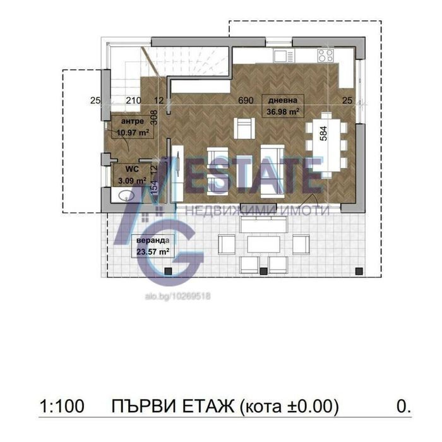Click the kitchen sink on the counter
pyautogui.click(x=284, y=56)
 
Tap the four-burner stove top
pyautogui.click(x=326, y=56)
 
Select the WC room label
pyautogui.click(x=132, y=169)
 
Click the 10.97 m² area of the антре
pyautogui.click(x=133, y=132)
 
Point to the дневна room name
pyautogui.click(x=283, y=100)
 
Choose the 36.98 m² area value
pyautogui.click(x=283, y=111)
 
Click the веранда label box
pyautogui.click(x=153, y=246)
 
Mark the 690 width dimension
pyautogui.click(x=246, y=100)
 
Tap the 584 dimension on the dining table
pyautogui.click(x=323, y=133)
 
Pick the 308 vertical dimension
pyautogui.click(x=154, y=117)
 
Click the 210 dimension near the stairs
pyautogui.click(x=133, y=100)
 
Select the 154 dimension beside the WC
pyautogui.click(x=154, y=188)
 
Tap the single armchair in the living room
pyautogui.click(x=244, y=128)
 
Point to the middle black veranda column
pyautogui.click(x=263, y=271)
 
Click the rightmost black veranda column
pyautogui.click(x=359, y=271)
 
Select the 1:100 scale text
pyautogui.click(x=62, y=407)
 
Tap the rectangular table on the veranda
pyautogui.click(x=263, y=244)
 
